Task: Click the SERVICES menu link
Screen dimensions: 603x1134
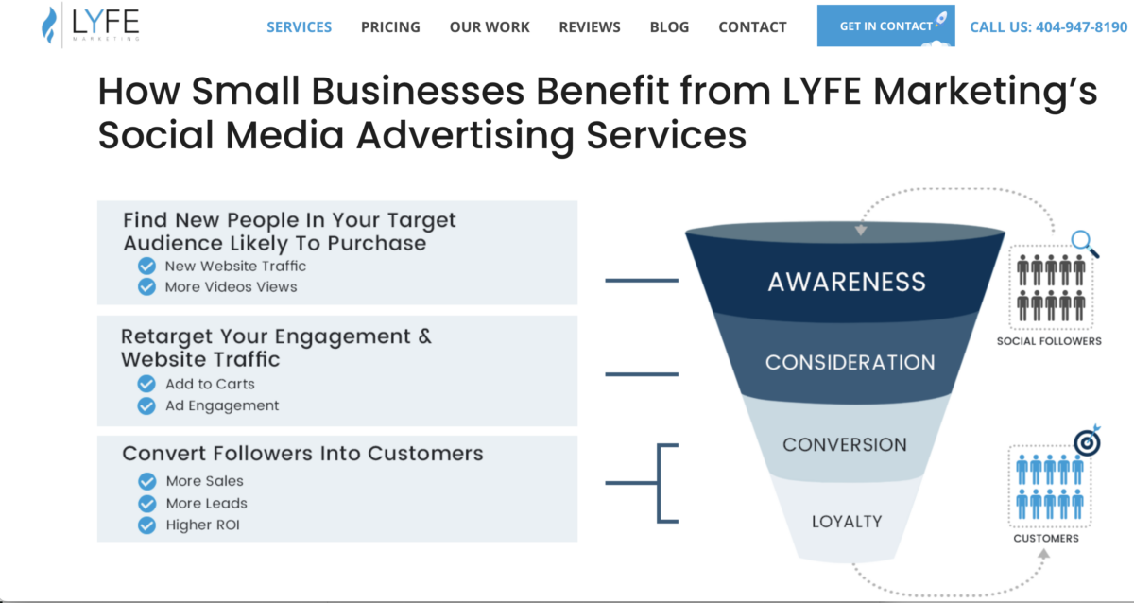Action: (299, 26)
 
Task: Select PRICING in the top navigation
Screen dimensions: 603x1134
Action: (390, 26)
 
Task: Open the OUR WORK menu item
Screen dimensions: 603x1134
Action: (490, 26)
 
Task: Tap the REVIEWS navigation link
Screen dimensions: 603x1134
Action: (590, 26)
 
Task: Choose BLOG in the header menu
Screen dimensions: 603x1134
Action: (669, 26)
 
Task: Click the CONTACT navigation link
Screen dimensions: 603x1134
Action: (752, 26)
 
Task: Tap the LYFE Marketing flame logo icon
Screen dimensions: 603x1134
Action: (49, 26)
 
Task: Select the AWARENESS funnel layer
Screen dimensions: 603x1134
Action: (847, 282)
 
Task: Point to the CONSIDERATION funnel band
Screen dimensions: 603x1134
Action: (850, 362)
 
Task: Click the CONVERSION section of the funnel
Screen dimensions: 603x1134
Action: (844, 444)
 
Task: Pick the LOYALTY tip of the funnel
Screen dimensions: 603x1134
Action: (846, 521)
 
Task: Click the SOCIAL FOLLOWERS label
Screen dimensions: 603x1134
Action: (1049, 341)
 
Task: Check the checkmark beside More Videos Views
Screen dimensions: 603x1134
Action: (146, 286)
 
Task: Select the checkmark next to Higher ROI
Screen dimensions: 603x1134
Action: (146, 525)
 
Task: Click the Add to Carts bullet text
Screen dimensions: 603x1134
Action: (210, 384)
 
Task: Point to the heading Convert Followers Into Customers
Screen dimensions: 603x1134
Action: (302, 454)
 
